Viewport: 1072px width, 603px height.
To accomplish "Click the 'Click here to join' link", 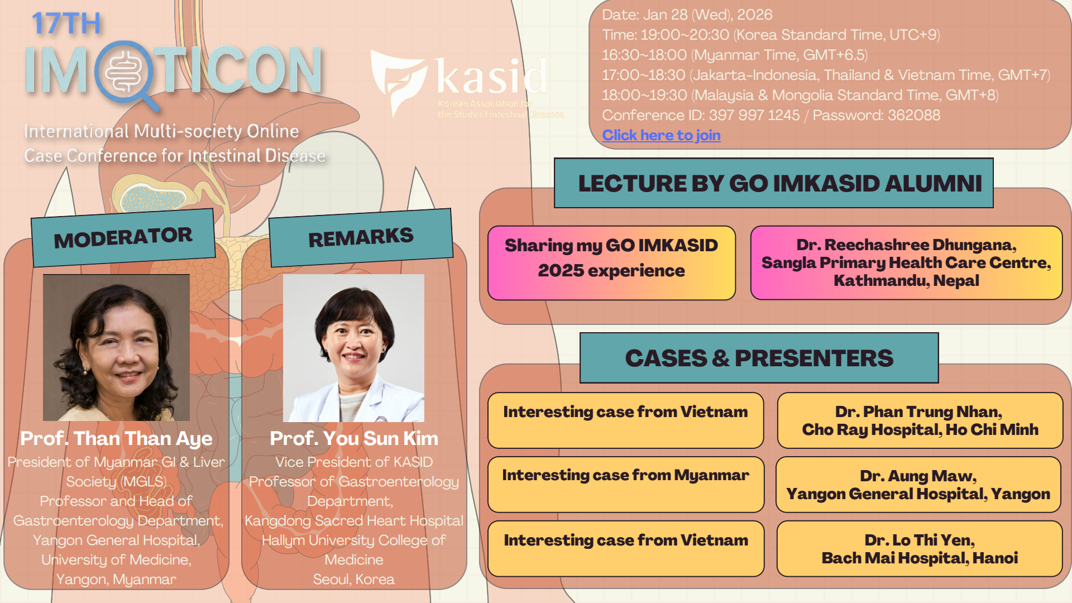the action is click(661, 135).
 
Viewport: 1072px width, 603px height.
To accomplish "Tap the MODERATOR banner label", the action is click(123, 238).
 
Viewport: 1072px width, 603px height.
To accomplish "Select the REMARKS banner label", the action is click(361, 238).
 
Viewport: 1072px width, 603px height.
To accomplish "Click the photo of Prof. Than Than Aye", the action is click(116, 347).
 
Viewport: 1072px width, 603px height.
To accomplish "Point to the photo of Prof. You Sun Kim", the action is click(353, 347).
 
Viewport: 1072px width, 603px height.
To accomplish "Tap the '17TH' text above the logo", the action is click(66, 23).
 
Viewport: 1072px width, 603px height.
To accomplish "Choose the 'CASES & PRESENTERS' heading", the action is click(759, 358).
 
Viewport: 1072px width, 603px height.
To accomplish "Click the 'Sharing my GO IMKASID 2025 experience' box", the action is click(611, 263).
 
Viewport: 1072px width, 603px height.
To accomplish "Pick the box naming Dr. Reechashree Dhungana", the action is click(906, 262).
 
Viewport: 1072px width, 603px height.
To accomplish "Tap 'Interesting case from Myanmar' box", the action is click(626, 484).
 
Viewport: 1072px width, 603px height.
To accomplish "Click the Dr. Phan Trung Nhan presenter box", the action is click(920, 420).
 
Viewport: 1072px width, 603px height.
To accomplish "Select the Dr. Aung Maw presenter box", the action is click(918, 485).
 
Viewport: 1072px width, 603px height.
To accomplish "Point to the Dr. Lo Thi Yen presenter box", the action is click(920, 549).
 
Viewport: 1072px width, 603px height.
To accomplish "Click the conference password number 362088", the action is click(914, 115).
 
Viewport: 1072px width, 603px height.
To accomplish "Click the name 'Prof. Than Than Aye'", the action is click(116, 438).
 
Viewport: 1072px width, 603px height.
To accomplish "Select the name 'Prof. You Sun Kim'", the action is click(354, 438).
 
